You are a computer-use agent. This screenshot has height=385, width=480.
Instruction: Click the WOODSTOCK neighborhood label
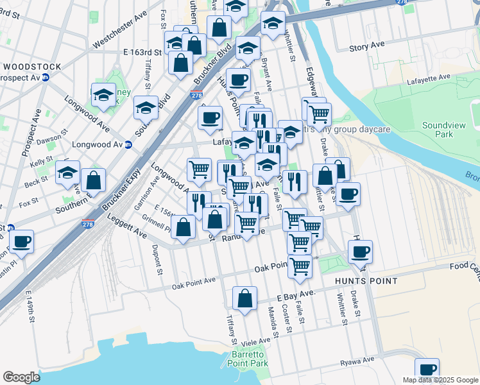point(31,67)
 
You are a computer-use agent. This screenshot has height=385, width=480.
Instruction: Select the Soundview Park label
point(438,130)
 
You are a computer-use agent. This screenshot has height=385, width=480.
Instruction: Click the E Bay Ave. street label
point(296,295)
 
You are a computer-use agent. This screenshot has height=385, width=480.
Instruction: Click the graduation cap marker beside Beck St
point(67,173)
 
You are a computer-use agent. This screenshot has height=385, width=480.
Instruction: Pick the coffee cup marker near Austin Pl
point(21,242)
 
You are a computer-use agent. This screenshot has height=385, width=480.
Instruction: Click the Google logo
point(21,377)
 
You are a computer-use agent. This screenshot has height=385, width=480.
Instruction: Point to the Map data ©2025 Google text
point(440,380)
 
